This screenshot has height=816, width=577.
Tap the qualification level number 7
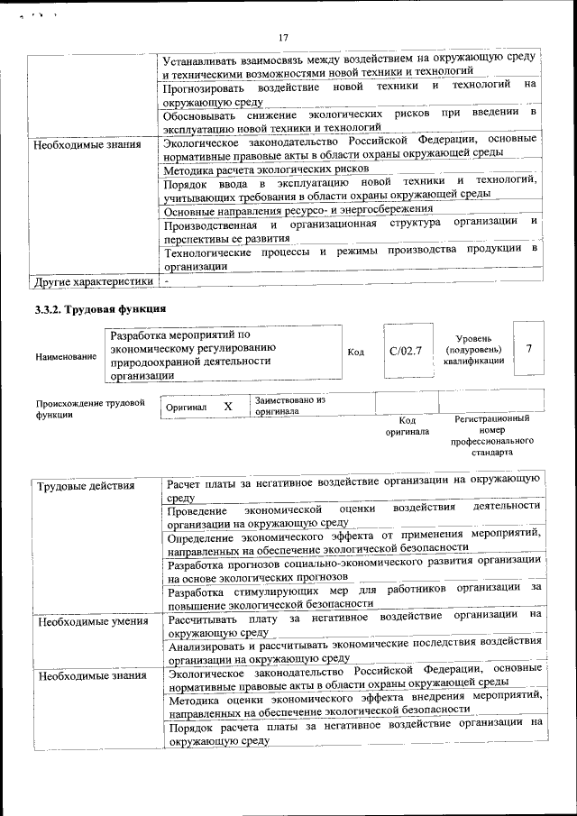[528, 348]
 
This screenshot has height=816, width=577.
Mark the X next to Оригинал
[228, 407]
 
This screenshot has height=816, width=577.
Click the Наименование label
[66, 357]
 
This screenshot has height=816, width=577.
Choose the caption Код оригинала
[407, 426]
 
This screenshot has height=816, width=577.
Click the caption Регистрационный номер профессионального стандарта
[491, 436]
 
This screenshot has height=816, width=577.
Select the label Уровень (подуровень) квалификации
[472, 349]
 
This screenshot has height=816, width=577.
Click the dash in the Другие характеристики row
[168, 281]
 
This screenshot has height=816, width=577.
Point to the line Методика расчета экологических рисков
[266, 169]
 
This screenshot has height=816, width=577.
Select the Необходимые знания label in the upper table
[87, 144]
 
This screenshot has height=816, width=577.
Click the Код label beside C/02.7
[355, 351]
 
